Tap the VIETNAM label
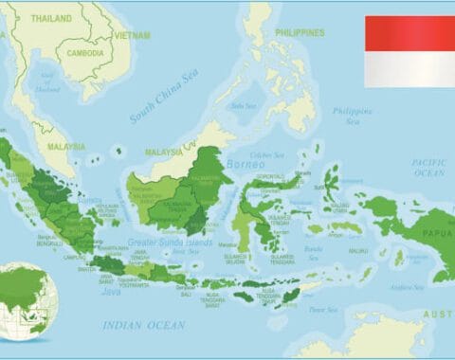[132, 35]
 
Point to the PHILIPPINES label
[300, 32]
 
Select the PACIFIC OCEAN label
[428, 167]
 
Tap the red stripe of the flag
[409, 33]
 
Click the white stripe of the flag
[409, 68]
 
